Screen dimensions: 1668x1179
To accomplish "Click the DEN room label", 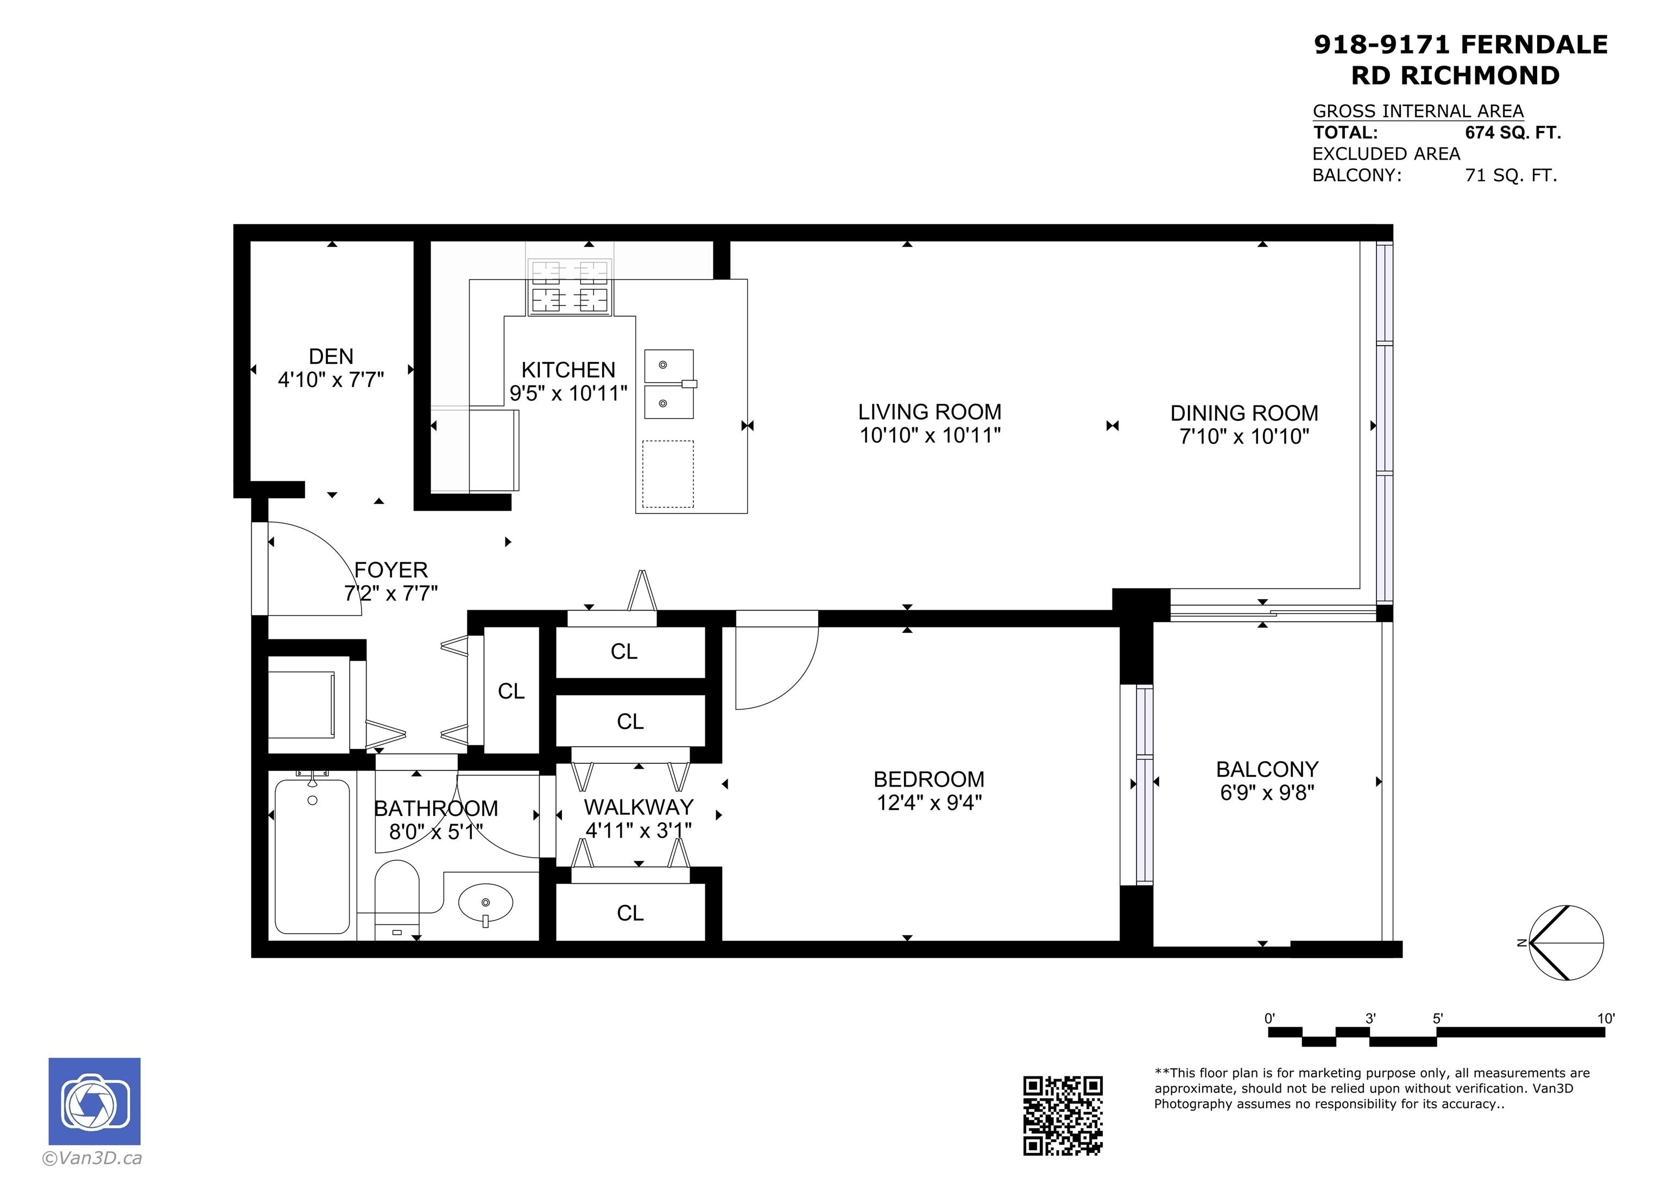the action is (x=331, y=356).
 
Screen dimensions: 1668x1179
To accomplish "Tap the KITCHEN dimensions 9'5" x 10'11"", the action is (x=568, y=393).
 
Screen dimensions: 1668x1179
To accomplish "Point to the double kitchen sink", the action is (x=669, y=384).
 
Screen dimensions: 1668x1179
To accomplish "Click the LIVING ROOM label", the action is (x=930, y=412).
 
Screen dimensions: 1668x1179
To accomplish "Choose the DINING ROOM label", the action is (x=1244, y=413).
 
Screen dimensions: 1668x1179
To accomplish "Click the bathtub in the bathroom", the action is (x=312, y=855).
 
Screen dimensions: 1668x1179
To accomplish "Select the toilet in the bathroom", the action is (x=397, y=898).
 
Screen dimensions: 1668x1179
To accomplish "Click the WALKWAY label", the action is (x=639, y=807).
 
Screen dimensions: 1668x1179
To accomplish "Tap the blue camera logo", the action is (x=94, y=1101).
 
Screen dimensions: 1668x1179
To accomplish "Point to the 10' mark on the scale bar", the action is (x=1606, y=1018).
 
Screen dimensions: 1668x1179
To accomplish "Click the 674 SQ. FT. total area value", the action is (x=1513, y=133).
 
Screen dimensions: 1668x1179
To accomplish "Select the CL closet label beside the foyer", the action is (x=511, y=691).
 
